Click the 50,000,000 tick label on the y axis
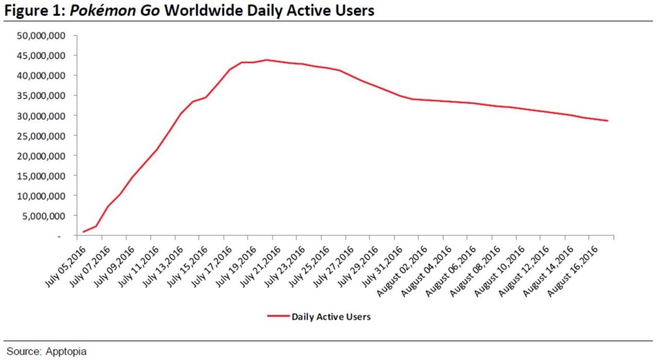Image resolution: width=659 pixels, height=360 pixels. click(41, 36)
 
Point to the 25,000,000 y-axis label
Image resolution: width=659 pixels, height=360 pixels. click(41, 136)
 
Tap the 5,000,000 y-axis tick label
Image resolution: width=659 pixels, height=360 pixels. click(44, 216)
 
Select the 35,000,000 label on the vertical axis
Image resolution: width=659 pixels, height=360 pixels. click(41, 96)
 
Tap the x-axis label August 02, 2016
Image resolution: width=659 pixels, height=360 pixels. click(402, 271)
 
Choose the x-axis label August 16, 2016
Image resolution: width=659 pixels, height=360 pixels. click(573, 271)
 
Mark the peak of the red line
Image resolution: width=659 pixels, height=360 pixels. click(267, 60)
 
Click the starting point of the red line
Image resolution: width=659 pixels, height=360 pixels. click(83, 232)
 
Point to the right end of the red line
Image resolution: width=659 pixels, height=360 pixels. click(608, 121)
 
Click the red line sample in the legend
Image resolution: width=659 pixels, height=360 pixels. click(279, 316)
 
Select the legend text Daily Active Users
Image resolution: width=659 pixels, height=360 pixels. click(331, 317)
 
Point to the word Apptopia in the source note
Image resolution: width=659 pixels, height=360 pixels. click(66, 352)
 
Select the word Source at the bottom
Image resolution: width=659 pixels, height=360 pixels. click(24, 351)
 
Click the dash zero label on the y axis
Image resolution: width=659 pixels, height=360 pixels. click(59, 236)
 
